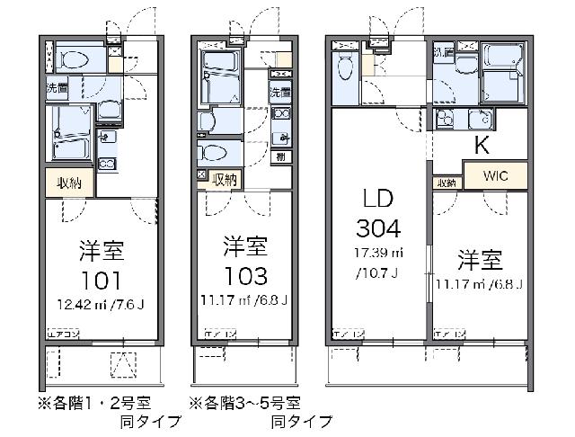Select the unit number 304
pyautogui.click(x=377, y=227)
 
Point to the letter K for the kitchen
pyautogui.click(x=482, y=146)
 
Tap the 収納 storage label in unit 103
pyautogui.click(x=224, y=178)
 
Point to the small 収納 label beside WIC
pyautogui.click(x=447, y=183)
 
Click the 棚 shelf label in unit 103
pyautogui.click(x=281, y=157)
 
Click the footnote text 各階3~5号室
pyautogui.click(x=244, y=404)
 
